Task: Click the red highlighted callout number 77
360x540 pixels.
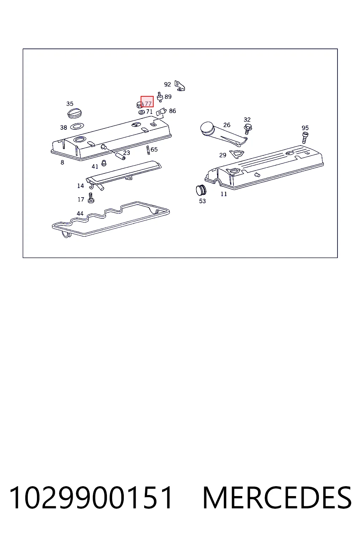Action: point(148,103)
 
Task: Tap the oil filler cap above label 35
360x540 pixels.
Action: point(75,113)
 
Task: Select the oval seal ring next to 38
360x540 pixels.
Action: point(77,126)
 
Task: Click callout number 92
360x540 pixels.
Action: point(167,84)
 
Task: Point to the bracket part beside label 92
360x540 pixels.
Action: point(180,86)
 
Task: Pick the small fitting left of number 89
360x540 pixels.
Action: point(160,97)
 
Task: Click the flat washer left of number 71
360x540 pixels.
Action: point(142,112)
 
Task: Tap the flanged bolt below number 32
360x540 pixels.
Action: point(247,129)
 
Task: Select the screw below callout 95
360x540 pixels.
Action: point(305,138)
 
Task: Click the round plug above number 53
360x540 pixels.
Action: point(201,190)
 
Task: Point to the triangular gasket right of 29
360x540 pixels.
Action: point(237,154)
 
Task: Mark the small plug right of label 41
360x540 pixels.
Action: point(104,163)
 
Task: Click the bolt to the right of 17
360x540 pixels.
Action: point(91,198)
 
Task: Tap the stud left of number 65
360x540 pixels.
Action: point(148,150)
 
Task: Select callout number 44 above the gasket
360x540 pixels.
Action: point(80,213)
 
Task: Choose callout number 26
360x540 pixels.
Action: point(227,125)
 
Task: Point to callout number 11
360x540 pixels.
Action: point(224,194)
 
